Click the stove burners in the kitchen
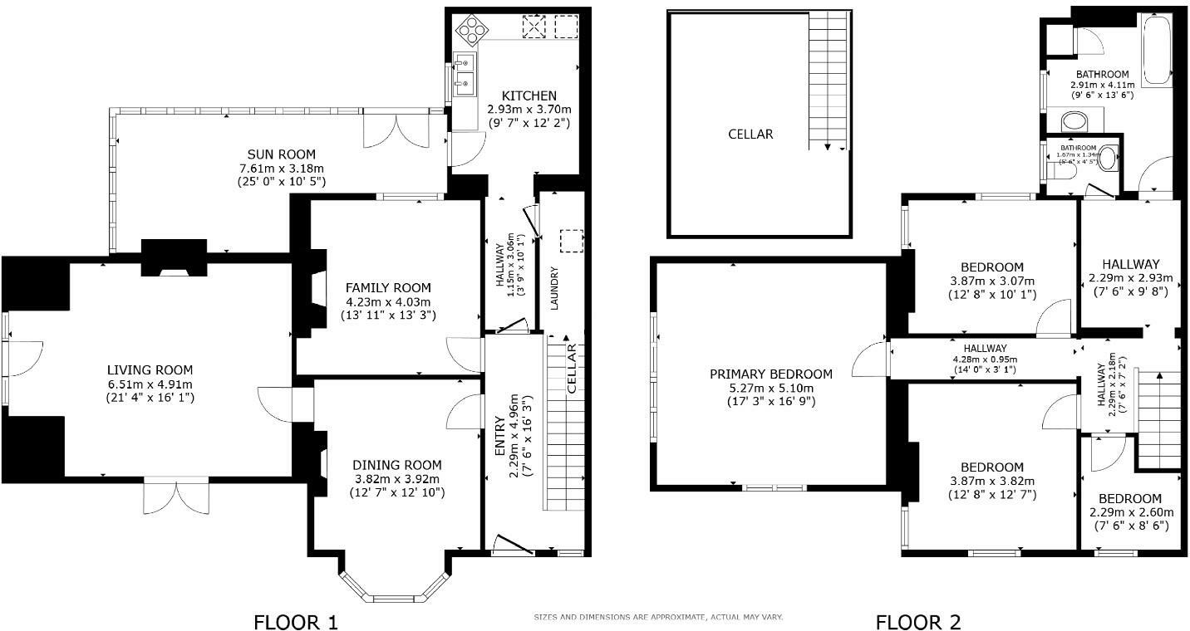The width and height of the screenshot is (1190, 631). coord(471,30)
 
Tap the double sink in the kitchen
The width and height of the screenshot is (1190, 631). coord(463,74)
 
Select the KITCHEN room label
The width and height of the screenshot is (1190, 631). coord(528,96)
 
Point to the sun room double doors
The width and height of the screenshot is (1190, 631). coord(395,131)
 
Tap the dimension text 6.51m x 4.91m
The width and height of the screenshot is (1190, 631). coord(150,384)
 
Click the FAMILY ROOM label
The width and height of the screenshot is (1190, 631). coord(388,287)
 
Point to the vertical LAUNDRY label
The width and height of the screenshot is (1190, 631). coord(554,287)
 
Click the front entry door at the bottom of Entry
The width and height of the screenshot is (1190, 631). coord(513,545)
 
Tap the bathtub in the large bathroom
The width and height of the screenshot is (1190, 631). coord(1158,50)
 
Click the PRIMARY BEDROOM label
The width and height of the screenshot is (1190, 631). coord(770,374)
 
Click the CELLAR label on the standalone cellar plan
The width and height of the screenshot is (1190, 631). coord(750,134)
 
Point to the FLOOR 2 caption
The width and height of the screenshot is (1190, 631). coord(917,621)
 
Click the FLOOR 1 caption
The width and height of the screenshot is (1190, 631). coord(296,621)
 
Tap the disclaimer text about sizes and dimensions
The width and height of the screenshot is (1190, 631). coord(657,618)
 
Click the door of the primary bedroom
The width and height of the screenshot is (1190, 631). coord(874,359)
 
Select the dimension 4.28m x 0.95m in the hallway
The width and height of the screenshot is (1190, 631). coord(986,359)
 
